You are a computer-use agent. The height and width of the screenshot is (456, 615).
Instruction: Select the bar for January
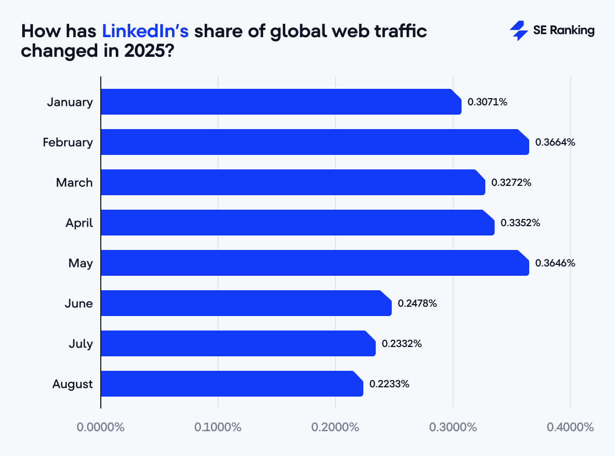[x=281, y=102]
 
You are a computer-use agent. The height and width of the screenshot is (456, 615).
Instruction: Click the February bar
[x=314, y=142]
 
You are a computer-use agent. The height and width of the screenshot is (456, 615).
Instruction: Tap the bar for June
[x=245, y=303]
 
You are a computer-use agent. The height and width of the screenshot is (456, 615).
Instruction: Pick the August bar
[x=232, y=384]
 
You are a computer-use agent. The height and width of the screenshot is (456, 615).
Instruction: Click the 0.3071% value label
[x=487, y=102]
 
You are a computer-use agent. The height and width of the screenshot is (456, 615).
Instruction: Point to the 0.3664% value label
[x=555, y=142]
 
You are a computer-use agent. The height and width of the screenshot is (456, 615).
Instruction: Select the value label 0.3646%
[x=555, y=263]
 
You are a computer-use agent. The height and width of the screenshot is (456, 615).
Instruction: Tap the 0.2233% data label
[x=389, y=384]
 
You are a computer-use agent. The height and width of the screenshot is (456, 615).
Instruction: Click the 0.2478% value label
[x=417, y=303]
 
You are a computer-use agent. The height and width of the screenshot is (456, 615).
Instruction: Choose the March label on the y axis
[x=74, y=182]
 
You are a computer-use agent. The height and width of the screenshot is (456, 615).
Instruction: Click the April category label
[x=79, y=223]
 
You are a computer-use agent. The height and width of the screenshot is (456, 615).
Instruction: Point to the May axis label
[x=81, y=263]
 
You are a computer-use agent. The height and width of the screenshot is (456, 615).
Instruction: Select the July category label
[x=81, y=343]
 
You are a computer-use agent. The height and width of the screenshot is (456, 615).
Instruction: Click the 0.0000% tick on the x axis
[x=101, y=428]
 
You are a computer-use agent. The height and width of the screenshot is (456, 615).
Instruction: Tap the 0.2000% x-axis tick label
[x=335, y=428]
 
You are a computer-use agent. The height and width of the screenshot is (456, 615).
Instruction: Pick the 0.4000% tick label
[x=570, y=428]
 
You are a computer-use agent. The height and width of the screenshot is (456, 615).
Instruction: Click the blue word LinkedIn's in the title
[x=145, y=31]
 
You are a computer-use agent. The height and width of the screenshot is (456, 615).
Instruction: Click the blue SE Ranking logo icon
[x=518, y=31]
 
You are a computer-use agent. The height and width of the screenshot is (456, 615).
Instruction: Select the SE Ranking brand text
[x=564, y=30]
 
